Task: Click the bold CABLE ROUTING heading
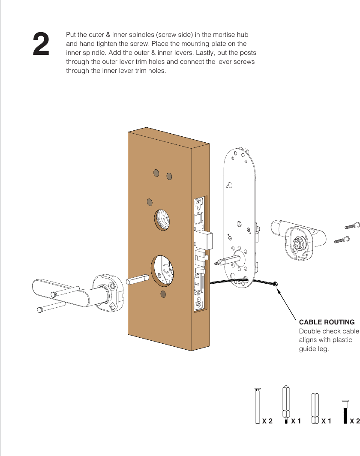coord(326,322)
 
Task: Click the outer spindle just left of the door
coord(137,279)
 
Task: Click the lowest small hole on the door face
coord(163,294)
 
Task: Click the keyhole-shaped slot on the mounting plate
coord(230,185)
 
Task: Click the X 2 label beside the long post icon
coord(267,421)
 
